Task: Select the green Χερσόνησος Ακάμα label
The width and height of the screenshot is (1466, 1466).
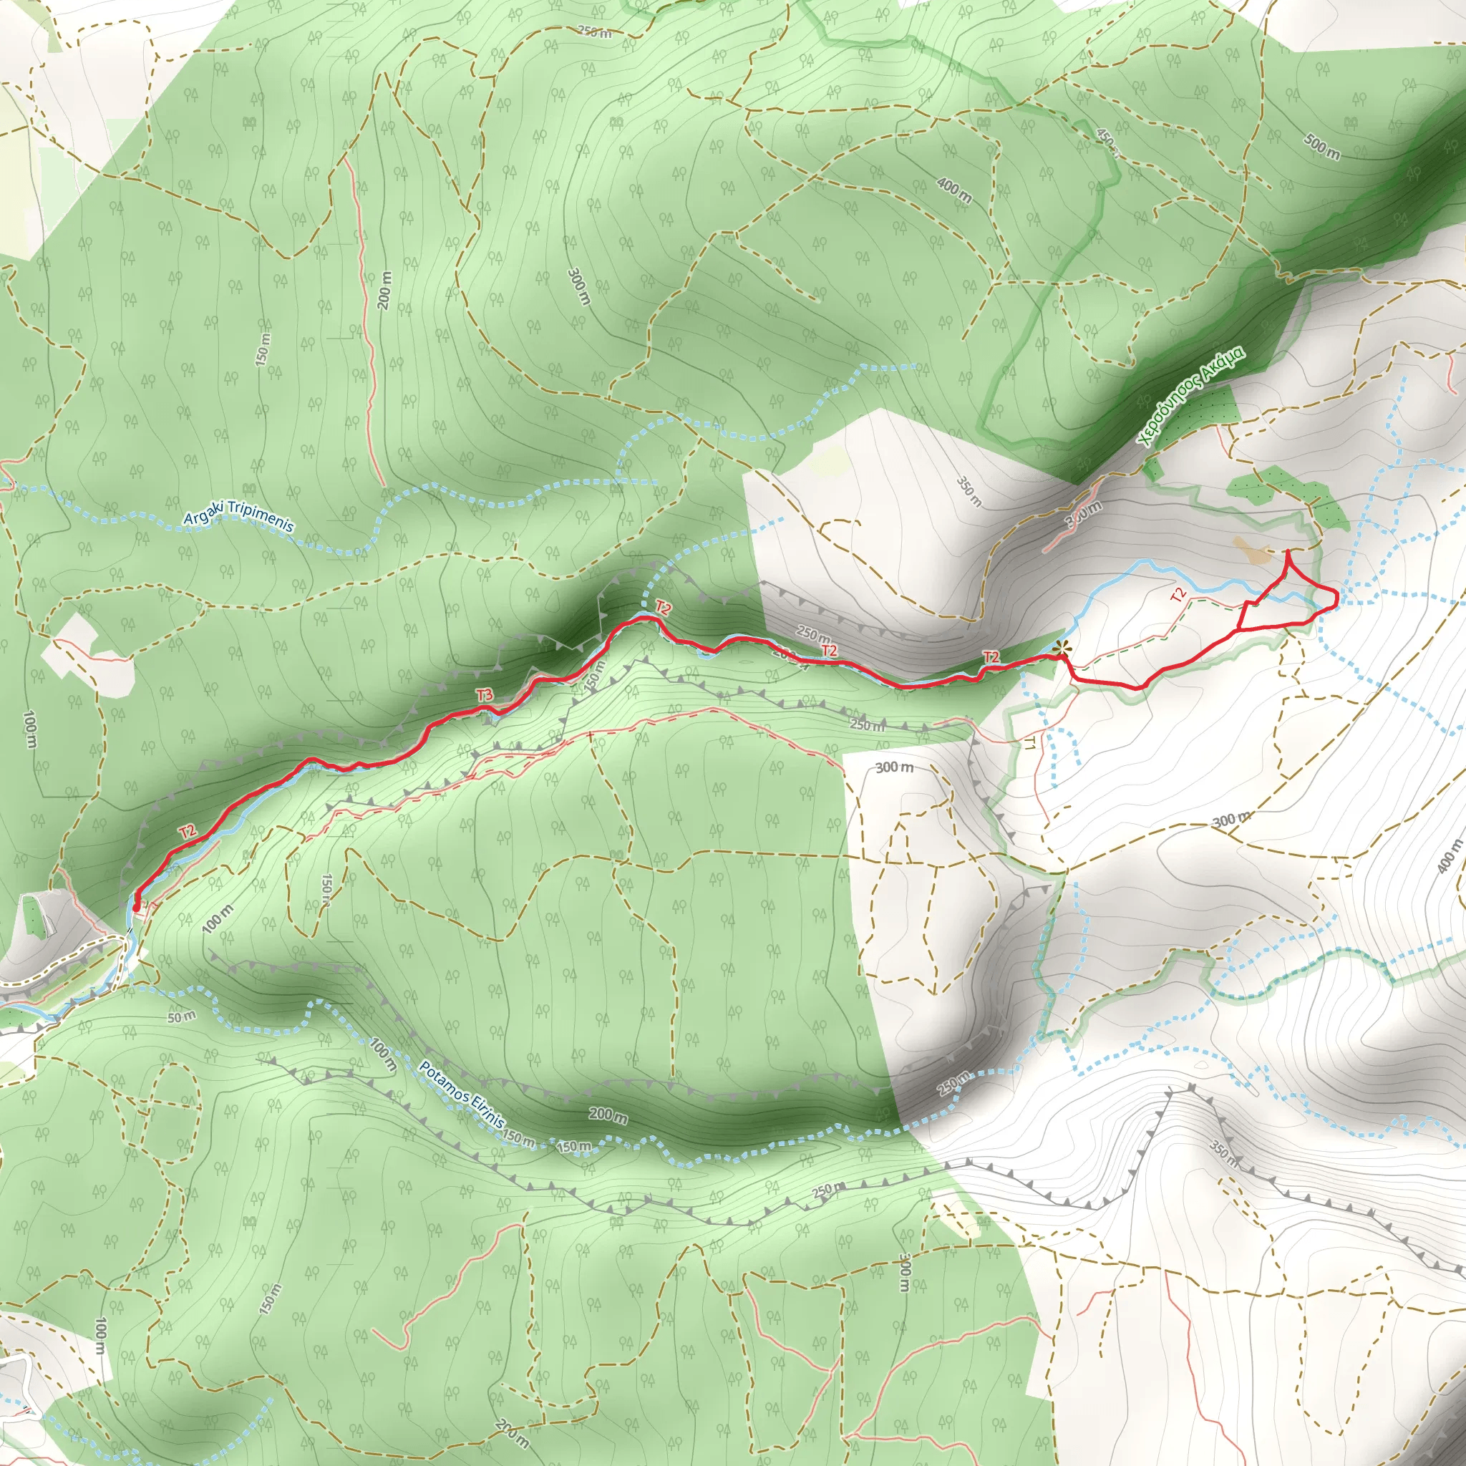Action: (x=1190, y=396)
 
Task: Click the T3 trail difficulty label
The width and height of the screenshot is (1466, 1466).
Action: (x=484, y=695)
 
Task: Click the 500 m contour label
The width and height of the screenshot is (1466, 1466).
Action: (x=1322, y=147)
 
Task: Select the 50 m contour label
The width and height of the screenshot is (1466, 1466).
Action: (x=181, y=1016)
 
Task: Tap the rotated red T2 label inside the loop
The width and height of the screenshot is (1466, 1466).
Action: (x=1178, y=595)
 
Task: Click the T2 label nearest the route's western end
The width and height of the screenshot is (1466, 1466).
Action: (x=188, y=832)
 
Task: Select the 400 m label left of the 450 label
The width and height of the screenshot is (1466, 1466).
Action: (x=953, y=191)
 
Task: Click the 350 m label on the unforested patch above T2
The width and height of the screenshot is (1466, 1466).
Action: (x=969, y=492)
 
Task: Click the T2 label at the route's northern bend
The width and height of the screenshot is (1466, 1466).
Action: (x=662, y=608)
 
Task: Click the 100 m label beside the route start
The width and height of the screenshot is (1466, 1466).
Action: (x=218, y=918)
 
